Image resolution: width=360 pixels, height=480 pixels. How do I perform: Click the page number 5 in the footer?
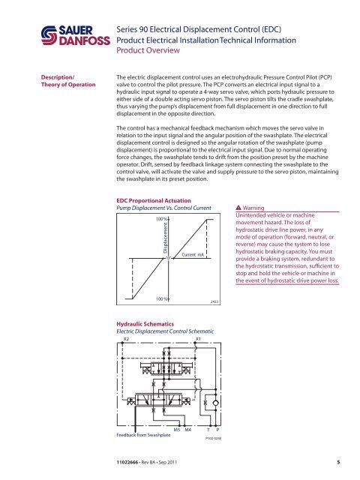click(x=339, y=464)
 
